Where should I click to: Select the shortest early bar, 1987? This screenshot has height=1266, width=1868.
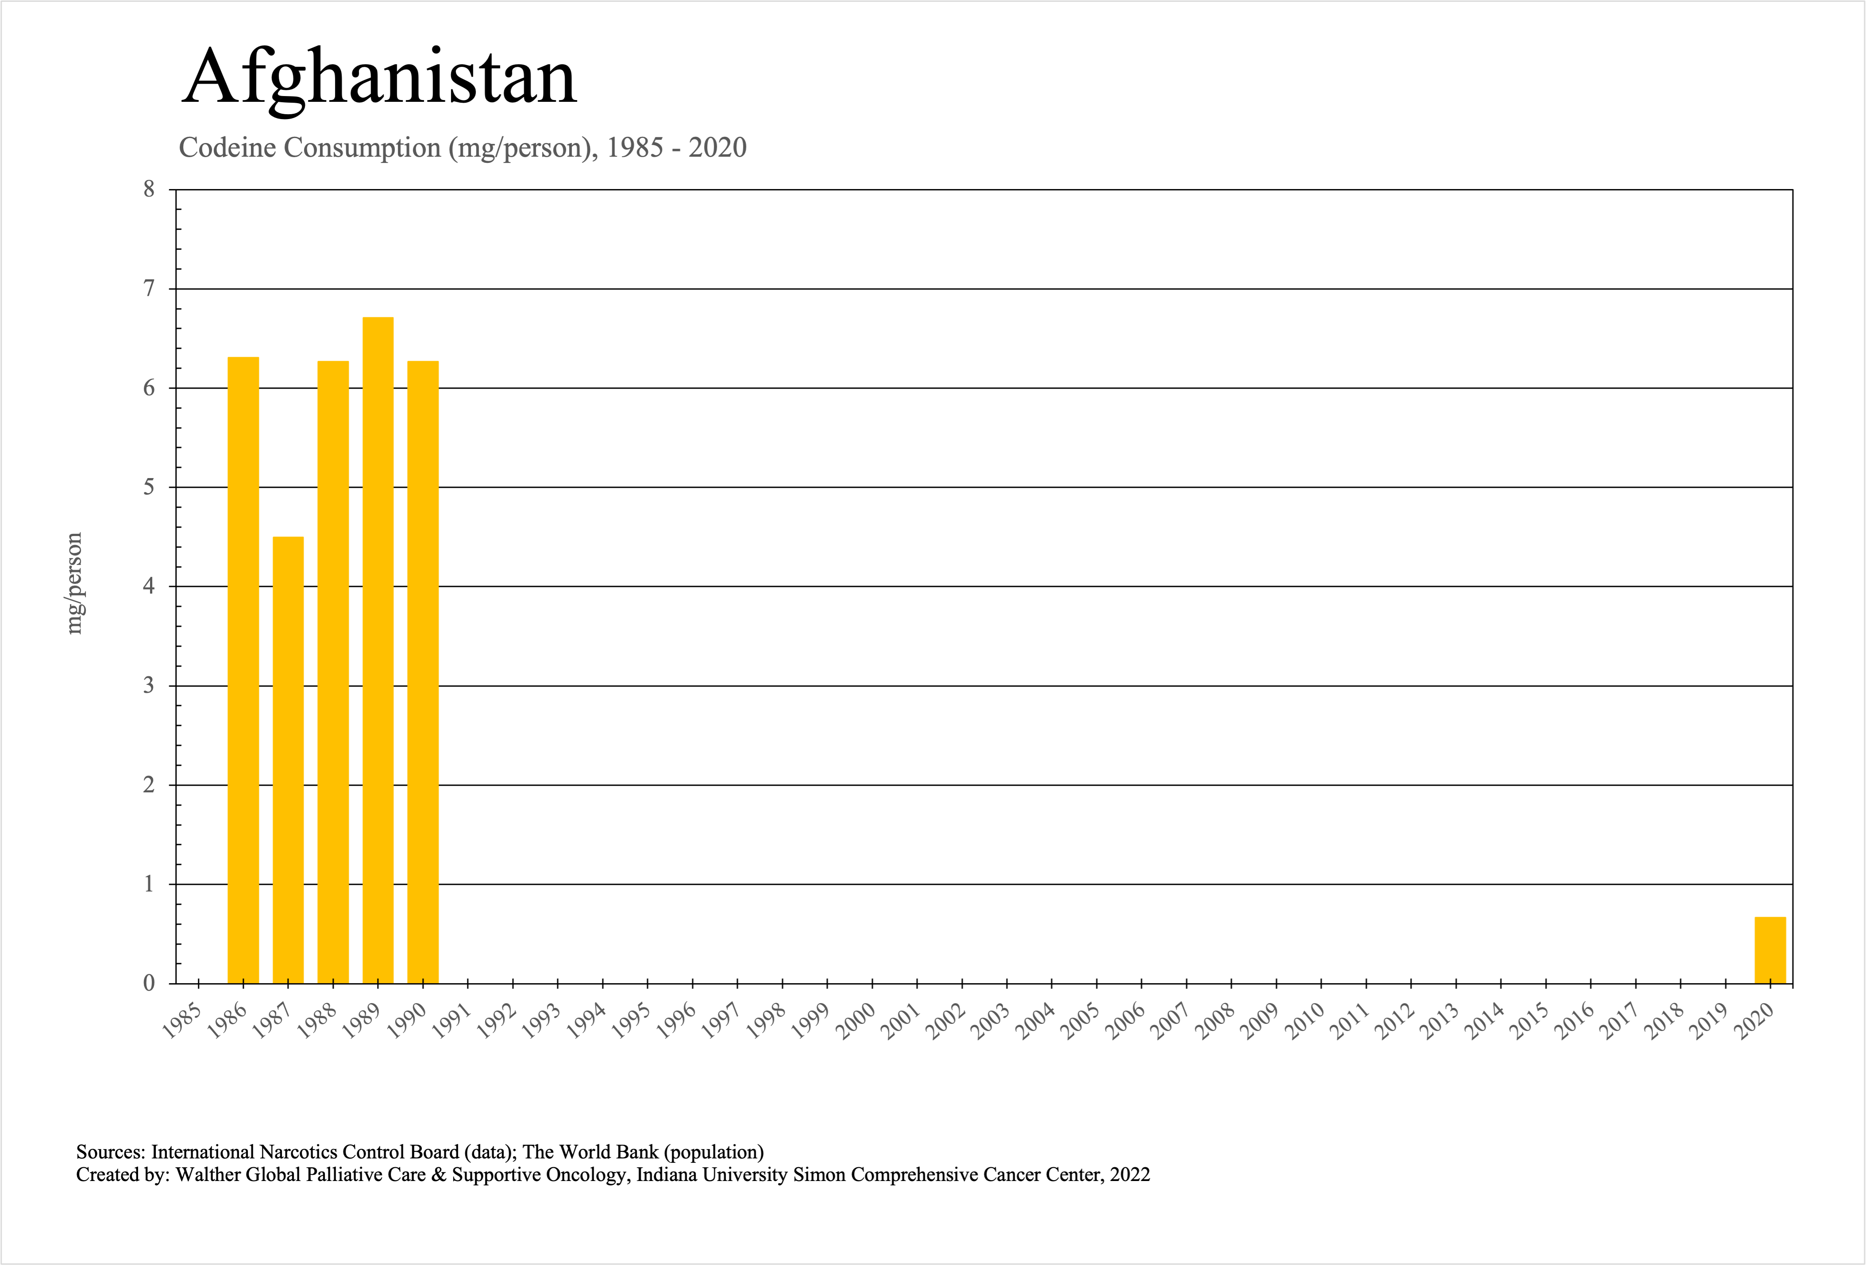click(288, 760)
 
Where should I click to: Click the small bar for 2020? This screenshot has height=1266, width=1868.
click(1770, 950)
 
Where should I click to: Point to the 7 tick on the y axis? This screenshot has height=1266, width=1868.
click(149, 289)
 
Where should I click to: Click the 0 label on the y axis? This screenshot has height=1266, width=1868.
click(149, 983)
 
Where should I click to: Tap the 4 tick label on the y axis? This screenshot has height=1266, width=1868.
click(149, 586)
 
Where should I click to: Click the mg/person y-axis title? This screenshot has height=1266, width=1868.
click(74, 583)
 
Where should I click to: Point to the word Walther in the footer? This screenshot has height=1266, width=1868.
click(208, 1175)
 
